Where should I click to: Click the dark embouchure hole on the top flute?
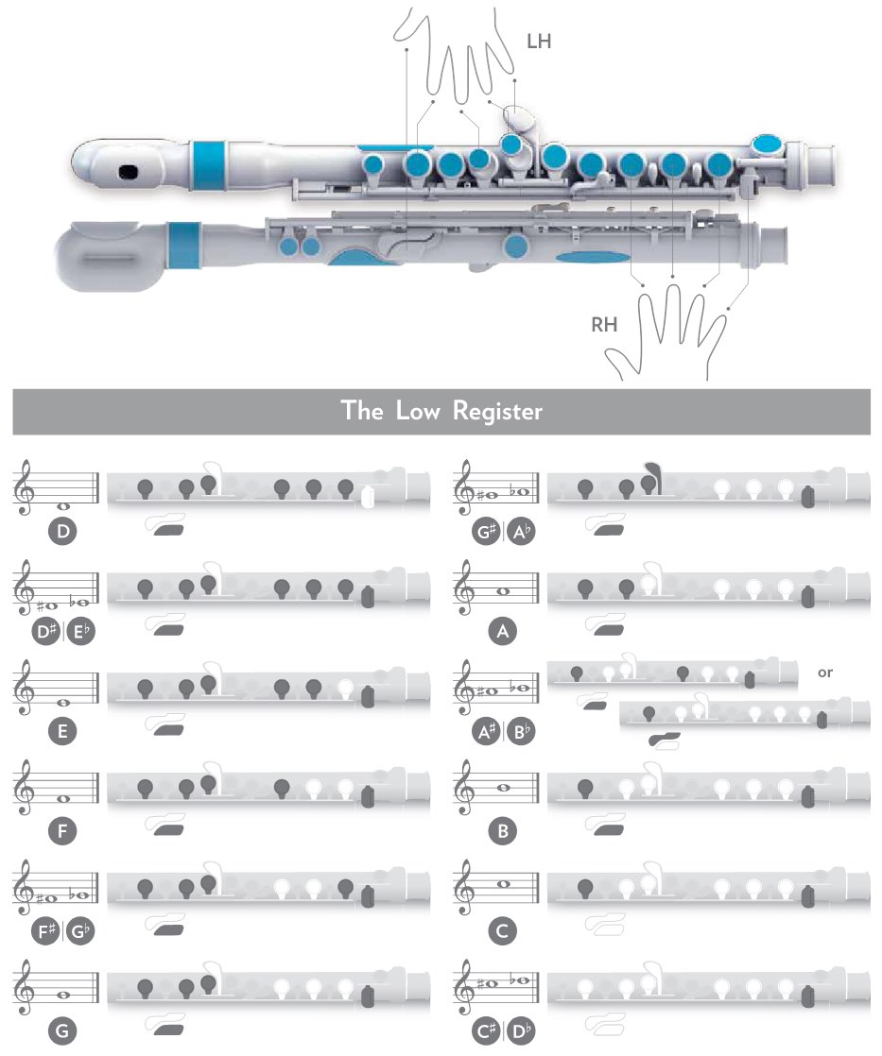(128, 171)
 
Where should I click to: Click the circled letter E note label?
(62, 731)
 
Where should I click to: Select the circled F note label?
(62, 831)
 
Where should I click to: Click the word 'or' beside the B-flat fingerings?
(825, 673)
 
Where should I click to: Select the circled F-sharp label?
(46, 931)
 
